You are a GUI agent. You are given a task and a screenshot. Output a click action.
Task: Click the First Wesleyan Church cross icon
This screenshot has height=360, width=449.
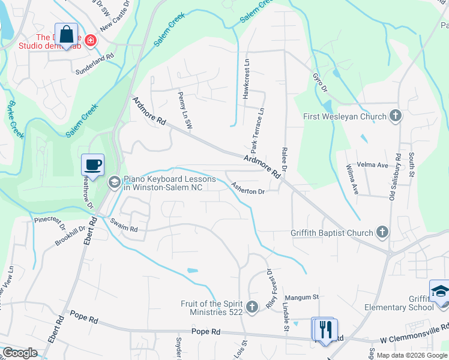395,116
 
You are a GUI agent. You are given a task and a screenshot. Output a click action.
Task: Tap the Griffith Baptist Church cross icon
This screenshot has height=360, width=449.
382,232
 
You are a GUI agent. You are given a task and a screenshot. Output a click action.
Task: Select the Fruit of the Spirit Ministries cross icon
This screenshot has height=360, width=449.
252,307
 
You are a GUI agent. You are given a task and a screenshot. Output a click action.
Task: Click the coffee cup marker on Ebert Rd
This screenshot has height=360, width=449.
92,165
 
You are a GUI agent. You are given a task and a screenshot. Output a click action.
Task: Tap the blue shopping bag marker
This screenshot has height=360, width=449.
66,34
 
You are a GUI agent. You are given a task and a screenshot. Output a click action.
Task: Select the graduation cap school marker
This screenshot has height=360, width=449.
440,292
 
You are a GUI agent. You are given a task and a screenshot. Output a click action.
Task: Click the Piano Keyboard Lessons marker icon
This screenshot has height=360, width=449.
113,182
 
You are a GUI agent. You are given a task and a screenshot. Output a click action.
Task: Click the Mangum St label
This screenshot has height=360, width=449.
301,298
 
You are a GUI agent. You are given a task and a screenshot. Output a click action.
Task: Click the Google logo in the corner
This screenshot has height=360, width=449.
20,353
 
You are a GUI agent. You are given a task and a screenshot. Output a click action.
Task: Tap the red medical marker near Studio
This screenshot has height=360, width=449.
90,40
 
